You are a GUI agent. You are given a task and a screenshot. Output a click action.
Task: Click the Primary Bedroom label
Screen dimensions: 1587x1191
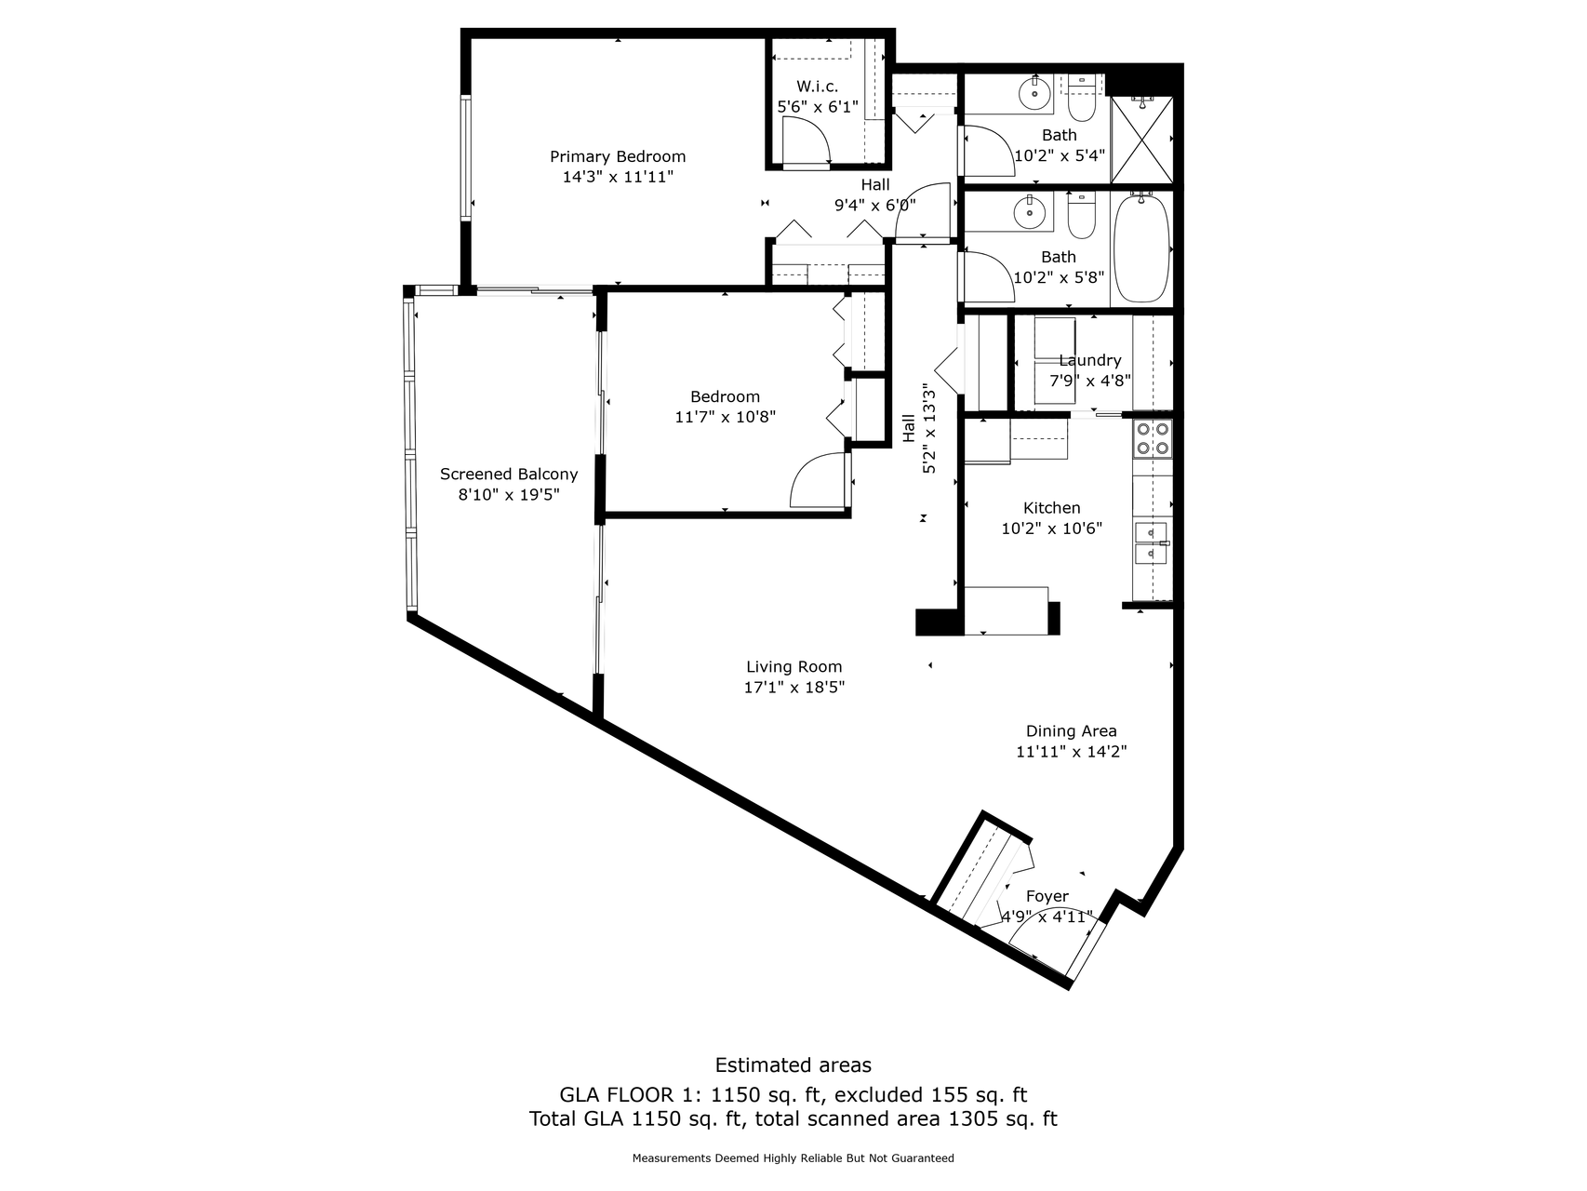[x=618, y=156]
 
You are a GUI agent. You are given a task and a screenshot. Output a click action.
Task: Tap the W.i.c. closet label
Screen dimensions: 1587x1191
[x=817, y=87]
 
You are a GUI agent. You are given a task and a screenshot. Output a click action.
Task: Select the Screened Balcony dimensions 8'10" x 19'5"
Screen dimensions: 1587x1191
[x=509, y=495]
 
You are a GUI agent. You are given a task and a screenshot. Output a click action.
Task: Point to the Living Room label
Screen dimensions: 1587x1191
[x=793, y=666]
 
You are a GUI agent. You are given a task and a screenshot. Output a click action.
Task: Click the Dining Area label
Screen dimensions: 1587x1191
[x=1071, y=731]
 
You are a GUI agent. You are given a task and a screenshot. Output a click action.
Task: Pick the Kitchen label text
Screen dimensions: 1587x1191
[x=1051, y=508]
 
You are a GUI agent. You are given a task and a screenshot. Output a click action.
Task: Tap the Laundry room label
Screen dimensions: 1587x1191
[x=1089, y=360]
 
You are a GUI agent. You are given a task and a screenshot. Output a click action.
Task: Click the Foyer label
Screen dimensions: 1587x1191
[x=1047, y=896]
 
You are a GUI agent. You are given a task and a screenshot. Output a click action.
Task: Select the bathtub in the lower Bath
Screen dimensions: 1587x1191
[x=1141, y=248]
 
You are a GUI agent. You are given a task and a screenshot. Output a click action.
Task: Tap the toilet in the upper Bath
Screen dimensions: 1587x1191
[x=1081, y=99]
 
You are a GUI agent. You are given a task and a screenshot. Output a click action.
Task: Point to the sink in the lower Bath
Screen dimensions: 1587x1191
[x=1030, y=211]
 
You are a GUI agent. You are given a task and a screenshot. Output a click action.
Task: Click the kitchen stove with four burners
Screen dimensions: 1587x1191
[x=1152, y=438]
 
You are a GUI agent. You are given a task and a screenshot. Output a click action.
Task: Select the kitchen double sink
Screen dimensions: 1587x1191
[x=1152, y=542]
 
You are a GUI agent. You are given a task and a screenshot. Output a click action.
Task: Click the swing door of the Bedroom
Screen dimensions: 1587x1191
[x=819, y=480]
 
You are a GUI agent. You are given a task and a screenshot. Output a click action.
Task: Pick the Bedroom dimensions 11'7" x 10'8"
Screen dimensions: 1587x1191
[x=725, y=417]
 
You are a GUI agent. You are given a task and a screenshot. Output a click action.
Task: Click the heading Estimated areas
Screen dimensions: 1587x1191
[x=793, y=1065]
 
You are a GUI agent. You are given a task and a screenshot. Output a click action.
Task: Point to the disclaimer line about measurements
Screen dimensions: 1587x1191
[x=793, y=1158]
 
